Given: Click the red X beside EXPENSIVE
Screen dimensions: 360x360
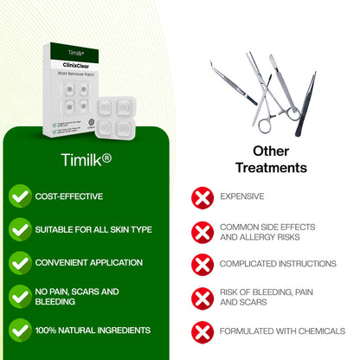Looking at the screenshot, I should [202, 197].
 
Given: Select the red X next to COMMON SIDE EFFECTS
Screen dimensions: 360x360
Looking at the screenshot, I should [202, 231].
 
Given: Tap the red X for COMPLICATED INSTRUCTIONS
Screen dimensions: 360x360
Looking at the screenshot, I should [202, 264].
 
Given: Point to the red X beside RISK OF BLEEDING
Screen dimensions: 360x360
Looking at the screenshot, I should [202, 298].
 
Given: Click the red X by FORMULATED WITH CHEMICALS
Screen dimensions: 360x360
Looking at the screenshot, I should [202, 331].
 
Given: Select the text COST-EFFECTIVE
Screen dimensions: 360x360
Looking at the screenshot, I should [68, 196].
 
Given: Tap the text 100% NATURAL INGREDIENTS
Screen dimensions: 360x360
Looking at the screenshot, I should [93, 330].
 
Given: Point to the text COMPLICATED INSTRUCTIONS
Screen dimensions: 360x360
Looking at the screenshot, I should [277, 264].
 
